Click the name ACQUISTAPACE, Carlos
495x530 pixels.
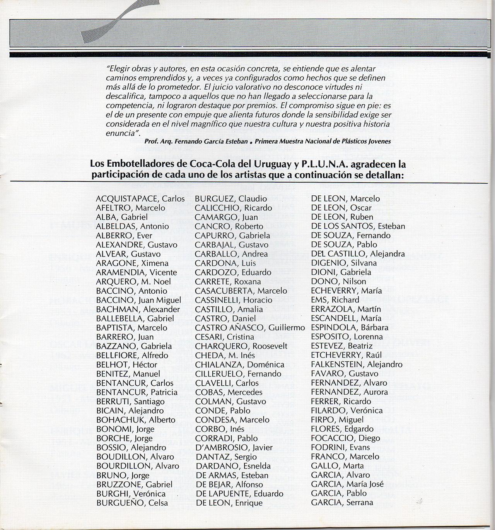point(140,199)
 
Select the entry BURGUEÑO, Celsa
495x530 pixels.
point(132,503)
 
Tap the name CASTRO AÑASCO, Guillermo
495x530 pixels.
point(250,328)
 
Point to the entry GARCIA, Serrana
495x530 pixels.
point(342,503)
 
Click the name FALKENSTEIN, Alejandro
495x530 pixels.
point(357,364)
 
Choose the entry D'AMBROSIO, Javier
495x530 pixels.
point(234,448)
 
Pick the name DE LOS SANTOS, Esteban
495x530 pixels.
point(358,226)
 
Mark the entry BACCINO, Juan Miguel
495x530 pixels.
point(138,300)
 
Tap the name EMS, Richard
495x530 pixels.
point(335,300)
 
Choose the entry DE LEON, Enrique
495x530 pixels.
point(229,503)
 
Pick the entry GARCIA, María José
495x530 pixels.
point(347,484)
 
